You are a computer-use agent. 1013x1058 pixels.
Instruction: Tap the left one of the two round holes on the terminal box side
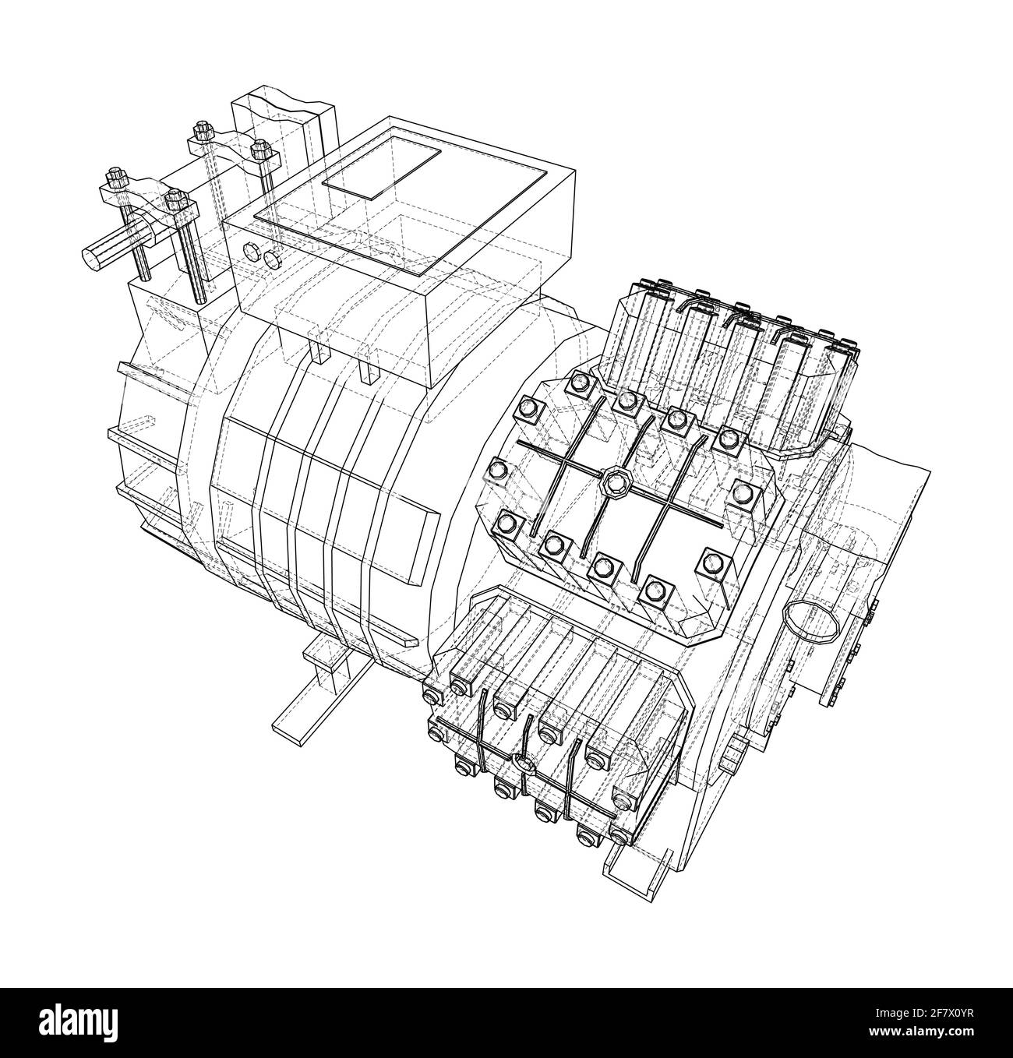[x=252, y=251]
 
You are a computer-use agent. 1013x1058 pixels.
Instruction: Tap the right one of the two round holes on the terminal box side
[x=271, y=259]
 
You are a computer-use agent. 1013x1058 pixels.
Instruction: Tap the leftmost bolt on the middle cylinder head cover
[x=499, y=469]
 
